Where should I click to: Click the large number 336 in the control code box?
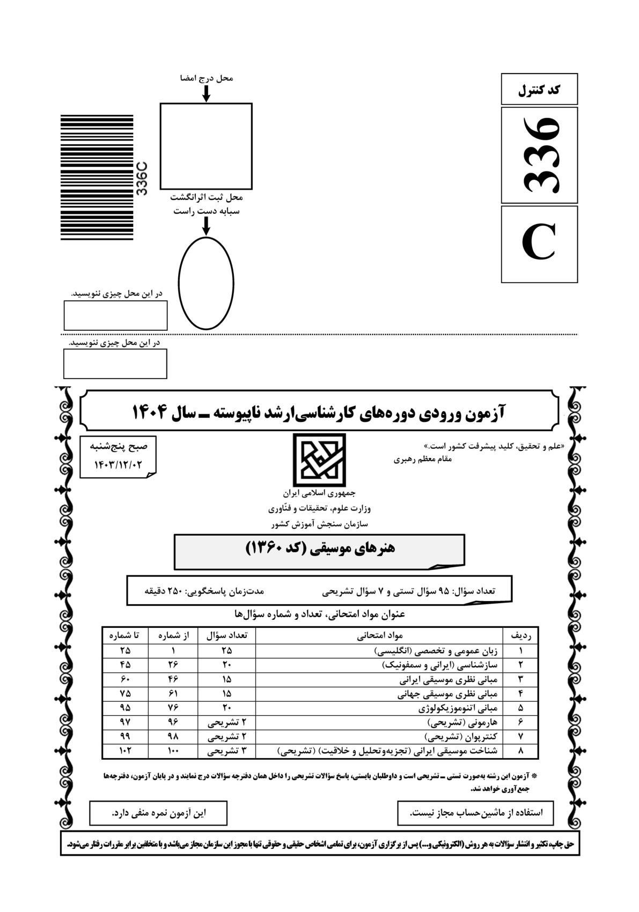540,155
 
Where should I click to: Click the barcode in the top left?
97,177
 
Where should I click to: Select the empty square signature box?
206,146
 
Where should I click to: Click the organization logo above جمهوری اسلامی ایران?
319,459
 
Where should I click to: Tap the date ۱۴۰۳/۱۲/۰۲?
119,465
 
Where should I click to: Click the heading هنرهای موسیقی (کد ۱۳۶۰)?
320,547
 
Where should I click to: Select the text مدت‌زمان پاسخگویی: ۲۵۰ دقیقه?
204,591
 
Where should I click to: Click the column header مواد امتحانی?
380,635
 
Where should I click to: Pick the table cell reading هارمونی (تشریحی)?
461,722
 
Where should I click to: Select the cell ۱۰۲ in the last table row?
125,751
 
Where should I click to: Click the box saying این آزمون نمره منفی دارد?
158,813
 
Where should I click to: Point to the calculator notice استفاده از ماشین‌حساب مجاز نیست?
476,813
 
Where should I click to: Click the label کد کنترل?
539,90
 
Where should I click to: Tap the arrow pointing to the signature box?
206,94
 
